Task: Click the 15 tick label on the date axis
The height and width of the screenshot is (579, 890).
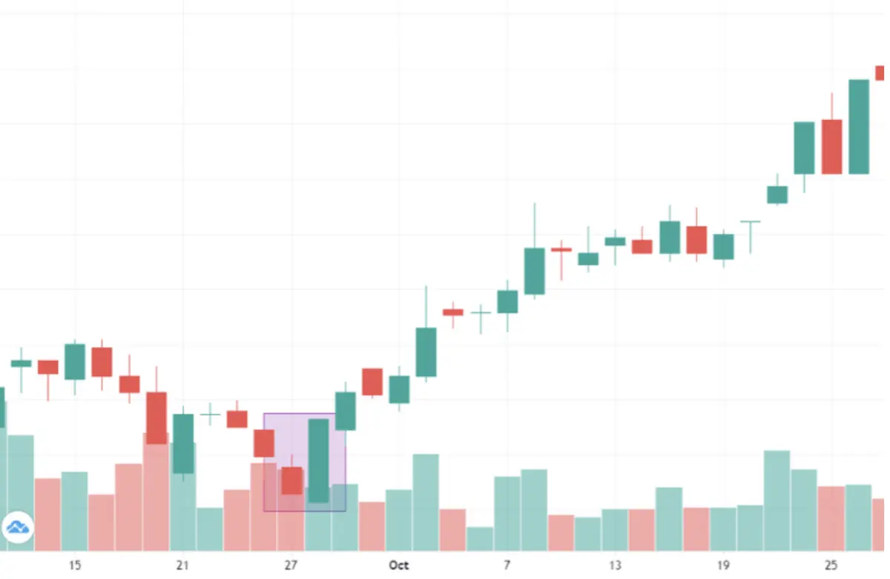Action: point(74,565)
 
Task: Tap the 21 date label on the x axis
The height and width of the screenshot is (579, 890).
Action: point(182,565)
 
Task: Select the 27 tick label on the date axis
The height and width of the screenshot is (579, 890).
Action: point(291,565)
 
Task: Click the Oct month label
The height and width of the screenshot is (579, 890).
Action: point(399,565)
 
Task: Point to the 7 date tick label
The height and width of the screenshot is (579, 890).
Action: point(507,565)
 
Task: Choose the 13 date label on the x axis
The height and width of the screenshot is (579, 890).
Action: point(616,565)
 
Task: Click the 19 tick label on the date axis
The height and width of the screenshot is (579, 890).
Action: point(724,565)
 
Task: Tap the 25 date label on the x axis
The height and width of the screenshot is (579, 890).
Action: point(831,565)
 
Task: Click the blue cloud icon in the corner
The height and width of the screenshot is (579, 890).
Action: point(18,527)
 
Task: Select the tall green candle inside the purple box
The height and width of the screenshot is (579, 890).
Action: point(319,460)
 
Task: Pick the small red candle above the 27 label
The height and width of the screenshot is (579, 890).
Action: point(292,480)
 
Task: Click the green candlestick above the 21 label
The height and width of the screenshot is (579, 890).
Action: point(183,443)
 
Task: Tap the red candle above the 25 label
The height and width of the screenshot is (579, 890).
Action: point(831,147)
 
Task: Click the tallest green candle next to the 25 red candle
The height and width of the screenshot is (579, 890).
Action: point(859,126)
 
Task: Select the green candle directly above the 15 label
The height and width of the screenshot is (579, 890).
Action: point(75,362)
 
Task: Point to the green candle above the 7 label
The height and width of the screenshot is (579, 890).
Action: point(507,301)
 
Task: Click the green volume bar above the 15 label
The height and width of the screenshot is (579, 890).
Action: point(74,512)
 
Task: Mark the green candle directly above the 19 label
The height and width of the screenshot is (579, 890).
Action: point(724,246)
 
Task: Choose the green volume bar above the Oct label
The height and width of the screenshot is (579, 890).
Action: point(399,520)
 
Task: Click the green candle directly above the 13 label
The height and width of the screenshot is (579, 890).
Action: point(616,241)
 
